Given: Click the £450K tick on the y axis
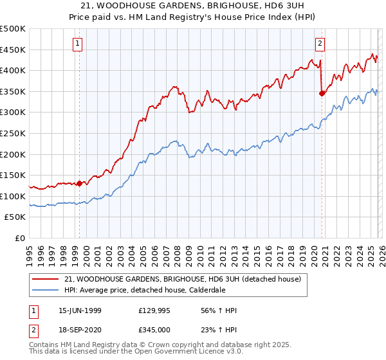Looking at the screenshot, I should pos(13,50).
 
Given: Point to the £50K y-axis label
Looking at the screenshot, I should pos(15,217).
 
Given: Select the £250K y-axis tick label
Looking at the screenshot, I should pos(13,133).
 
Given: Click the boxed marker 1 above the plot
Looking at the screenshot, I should pos(78,44).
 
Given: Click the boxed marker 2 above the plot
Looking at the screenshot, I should pos(320,44).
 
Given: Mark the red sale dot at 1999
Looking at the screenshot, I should pos(80,183).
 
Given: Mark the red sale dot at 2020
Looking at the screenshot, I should pos(322,93).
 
